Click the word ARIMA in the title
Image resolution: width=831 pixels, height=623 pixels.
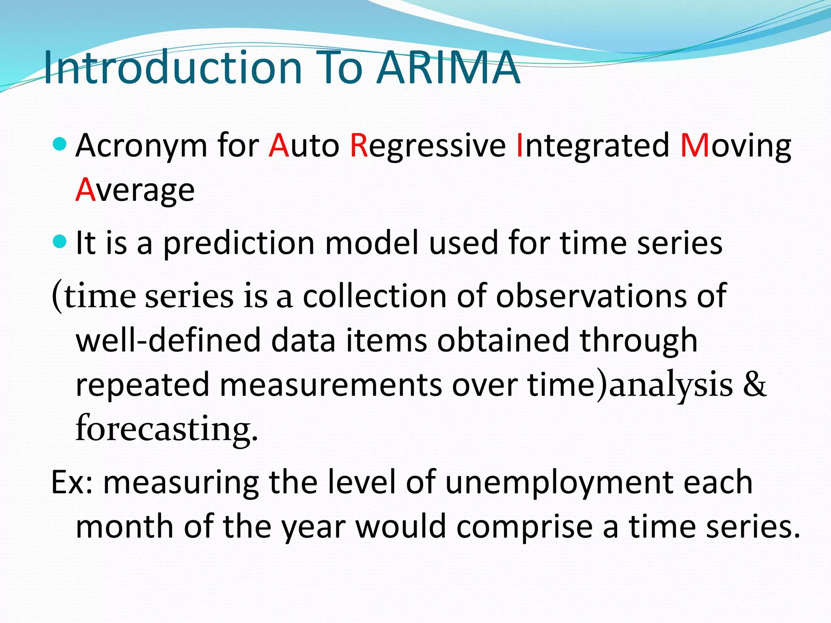tap(448, 68)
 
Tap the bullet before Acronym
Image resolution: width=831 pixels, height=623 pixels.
tap(60, 144)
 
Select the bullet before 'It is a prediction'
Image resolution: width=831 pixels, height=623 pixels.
tap(60, 242)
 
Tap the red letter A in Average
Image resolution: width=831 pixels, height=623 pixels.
tap(85, 190)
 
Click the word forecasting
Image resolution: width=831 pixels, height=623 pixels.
tap(167, 430)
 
